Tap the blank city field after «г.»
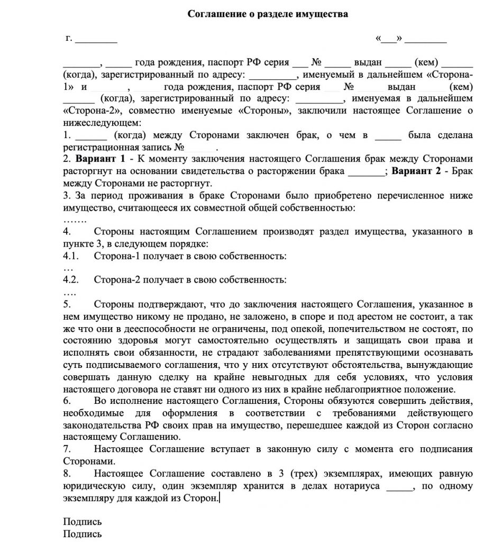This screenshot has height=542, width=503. coord(96,39)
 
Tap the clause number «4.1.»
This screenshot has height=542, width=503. coord(71,256)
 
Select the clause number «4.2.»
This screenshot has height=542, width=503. coord(71,279)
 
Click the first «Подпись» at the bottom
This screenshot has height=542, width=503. coord(83,522)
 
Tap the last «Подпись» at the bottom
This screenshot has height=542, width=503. coord(83,534)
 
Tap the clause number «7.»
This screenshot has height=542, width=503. coord(67,449)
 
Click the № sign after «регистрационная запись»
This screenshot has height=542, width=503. coord(179,147)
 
